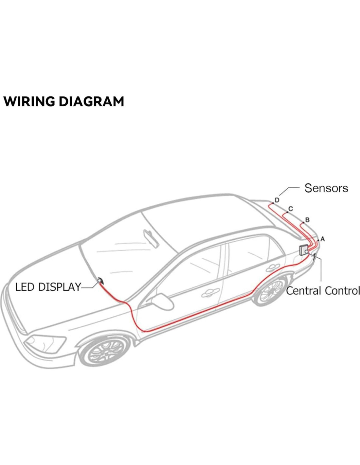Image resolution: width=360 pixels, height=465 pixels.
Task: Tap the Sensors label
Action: (x=326, y=188)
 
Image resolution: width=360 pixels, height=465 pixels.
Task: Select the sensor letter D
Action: (x=277, y=200)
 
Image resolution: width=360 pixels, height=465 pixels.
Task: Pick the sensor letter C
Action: (x=290, y=209)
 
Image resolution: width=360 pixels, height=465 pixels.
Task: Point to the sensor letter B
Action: (x=307, y=220)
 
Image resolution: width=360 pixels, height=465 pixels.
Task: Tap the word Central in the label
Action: (x=303, y=290)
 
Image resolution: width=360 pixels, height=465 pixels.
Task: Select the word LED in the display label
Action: (x=25, y=287)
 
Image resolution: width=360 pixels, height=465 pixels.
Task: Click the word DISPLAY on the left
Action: (x=59, y=287)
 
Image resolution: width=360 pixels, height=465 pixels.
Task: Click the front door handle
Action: (x=210, y=293)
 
